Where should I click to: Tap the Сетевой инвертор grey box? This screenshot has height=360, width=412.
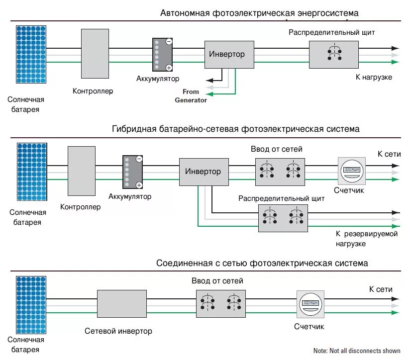118,303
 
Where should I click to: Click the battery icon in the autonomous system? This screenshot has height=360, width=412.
162,55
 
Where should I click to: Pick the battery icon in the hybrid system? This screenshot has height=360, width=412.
133,172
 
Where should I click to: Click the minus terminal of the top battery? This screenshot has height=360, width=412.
169,42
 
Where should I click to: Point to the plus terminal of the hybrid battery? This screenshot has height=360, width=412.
139,185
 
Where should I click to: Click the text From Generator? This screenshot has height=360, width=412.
191,95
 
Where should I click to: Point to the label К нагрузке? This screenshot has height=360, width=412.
373,78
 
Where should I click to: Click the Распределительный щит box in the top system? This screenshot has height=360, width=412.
334,55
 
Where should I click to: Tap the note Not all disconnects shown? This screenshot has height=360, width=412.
357,351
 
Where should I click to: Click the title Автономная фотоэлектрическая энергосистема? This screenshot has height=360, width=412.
259,13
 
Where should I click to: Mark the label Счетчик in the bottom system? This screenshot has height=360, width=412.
309,327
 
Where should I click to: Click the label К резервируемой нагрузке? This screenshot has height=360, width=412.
366,239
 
